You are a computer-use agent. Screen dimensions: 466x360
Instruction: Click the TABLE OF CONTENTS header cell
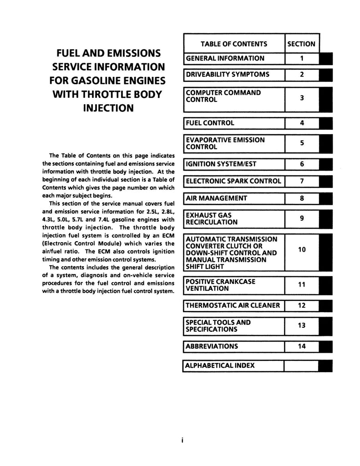click(x=234, y=44)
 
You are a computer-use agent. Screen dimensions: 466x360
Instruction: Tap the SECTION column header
click(x=301, y=44)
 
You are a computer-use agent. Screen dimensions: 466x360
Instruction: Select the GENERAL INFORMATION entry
click(x=225, y=58)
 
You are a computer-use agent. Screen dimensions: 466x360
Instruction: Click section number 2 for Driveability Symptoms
click(x=302, y=75)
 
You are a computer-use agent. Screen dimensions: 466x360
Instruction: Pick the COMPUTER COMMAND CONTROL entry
click(x=223, y=96)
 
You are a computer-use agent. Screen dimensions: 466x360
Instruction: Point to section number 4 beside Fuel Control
click(x=302, y=123)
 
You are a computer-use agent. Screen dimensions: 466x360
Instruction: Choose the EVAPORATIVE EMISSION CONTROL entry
click(x=225, y=143)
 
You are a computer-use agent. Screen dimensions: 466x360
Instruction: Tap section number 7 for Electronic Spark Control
click(x=302, y=181)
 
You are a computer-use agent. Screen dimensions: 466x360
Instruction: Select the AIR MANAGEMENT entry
click(x=217, y=198)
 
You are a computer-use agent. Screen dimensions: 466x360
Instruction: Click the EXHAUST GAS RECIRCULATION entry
click(x=212, y=218)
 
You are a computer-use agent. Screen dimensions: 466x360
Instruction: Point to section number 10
click(x=302, y=249)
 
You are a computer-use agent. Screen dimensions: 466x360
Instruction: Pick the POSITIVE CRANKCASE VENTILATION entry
click(x=220, y=285)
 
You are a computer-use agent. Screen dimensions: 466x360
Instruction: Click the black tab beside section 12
click(x=326, y=305)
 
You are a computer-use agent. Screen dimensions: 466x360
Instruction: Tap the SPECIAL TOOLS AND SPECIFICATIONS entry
click(x=218, y=326)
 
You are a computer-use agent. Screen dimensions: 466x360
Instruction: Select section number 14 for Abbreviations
click(x=302, y=346)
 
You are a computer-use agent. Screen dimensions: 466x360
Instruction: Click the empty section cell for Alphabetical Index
click(x=302, y=366)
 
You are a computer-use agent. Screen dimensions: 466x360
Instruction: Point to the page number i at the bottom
click(x=182, y=441)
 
